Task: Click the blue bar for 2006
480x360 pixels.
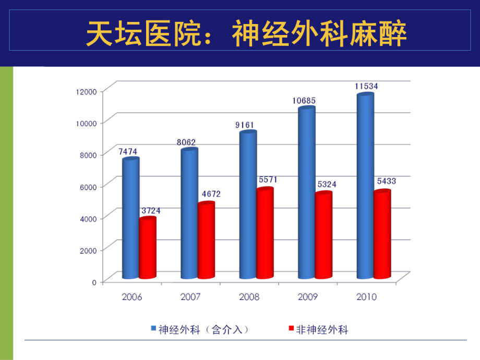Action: click(130, 219)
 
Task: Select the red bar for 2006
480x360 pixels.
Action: click(148, 249)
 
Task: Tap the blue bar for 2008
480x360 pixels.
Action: click(248, 206)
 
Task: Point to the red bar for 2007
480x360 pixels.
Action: click(206, 241)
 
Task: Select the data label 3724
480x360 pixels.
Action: click(151, 211)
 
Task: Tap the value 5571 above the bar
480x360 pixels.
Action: click(268, 179)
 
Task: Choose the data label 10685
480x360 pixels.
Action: click(305, 100)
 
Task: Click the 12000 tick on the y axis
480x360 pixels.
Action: click(86, 91)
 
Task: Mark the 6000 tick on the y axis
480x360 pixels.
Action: click(88, 186)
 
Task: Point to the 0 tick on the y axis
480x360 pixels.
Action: click(94, 282)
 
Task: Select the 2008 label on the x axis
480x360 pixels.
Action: click(249, 297)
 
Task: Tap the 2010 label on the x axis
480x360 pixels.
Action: click(367, 297)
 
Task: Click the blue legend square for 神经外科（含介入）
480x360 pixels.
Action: click(154, 329)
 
